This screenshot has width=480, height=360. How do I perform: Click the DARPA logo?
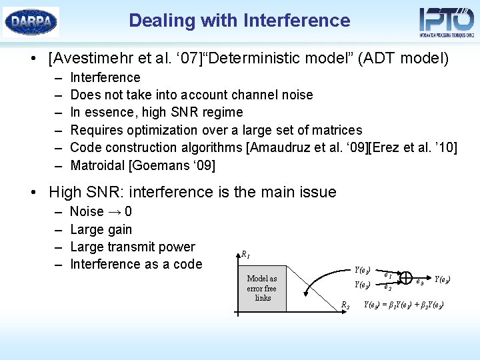click(31, 21)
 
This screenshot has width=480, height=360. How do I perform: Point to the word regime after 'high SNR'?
click(222, 112)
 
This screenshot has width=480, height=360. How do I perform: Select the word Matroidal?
click(99, 165)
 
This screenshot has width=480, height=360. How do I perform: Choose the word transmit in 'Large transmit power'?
click(129, 247)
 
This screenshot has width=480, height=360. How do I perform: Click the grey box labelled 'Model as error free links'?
click(261, 288)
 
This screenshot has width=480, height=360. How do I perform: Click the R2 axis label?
click(345, 305)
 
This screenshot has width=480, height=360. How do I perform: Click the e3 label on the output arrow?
click(420, 281)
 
